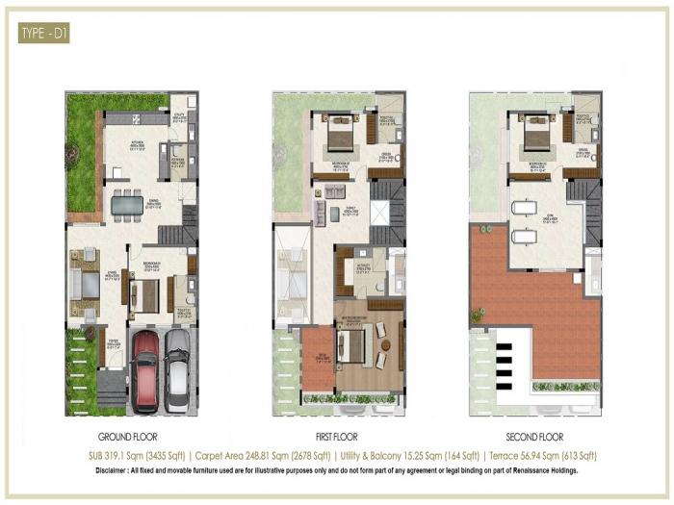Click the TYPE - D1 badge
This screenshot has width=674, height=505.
click(43, 36)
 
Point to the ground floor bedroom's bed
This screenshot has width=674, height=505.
click(143, 295)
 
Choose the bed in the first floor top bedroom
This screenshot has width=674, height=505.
click(339, 138)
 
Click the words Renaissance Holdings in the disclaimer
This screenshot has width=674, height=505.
click(545, 471)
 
